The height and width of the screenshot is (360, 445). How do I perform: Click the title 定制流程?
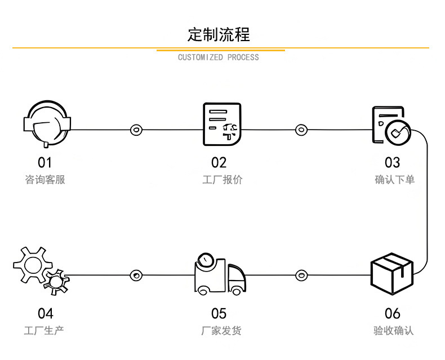click(x=219, y=34)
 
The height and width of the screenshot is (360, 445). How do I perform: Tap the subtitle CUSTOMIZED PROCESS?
click(x=219, y=57)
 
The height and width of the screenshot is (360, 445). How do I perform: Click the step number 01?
click(x=44, y=163)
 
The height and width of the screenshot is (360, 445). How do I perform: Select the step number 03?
click(x=392, y=163)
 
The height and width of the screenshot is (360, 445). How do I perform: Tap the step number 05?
click(x=219, y=313)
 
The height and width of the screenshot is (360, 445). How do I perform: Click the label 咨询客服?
click(x=45, y=180)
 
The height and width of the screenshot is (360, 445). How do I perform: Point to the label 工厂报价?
click(x=222, y=180)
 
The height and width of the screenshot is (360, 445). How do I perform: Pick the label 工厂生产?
click(x=44, y=330)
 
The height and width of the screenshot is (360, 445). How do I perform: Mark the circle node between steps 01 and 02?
click(x=136, y=130)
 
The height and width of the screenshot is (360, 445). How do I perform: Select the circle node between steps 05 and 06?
click(x=302, y=275)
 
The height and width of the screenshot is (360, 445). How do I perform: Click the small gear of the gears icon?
click(x=56, y=280)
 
